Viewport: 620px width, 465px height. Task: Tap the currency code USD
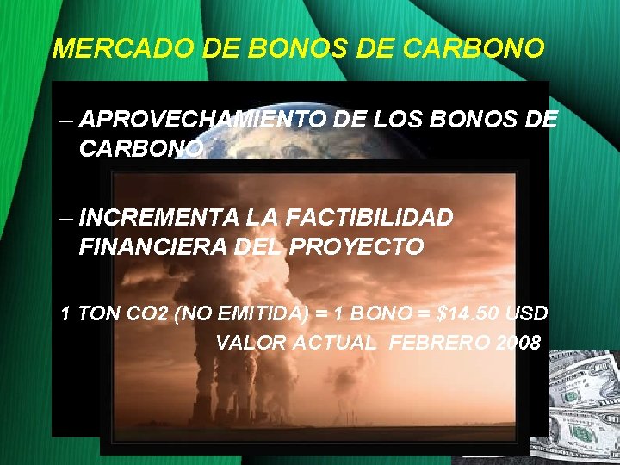[525, 313]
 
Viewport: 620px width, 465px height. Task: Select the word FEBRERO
[439, 343]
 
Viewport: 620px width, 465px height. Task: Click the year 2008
[518, 343]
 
